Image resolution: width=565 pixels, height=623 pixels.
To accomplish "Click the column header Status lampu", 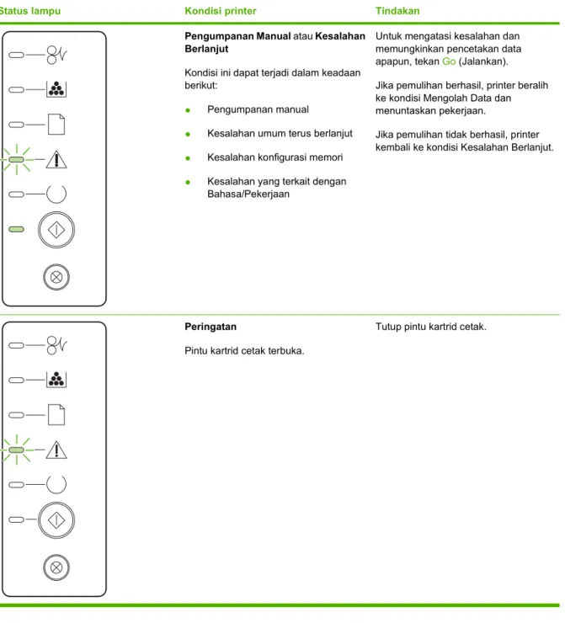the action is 30,11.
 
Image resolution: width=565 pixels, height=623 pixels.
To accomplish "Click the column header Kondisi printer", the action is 221,11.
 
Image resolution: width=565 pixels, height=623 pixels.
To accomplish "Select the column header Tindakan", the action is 397,11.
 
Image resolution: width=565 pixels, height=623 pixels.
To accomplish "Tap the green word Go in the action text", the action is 449,61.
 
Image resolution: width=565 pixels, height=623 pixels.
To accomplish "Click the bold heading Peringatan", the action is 211,327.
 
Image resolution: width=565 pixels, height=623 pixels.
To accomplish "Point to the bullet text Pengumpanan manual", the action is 258,109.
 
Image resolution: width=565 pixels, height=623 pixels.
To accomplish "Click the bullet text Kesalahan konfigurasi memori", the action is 275,157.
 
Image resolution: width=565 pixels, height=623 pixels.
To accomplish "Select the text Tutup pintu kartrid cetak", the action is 431,327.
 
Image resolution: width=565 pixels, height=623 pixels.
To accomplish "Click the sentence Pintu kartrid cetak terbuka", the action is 244,351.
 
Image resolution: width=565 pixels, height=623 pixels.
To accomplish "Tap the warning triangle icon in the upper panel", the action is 56,159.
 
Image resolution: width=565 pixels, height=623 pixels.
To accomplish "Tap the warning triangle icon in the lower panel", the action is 56,450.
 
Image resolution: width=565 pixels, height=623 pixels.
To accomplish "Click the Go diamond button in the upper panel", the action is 56,230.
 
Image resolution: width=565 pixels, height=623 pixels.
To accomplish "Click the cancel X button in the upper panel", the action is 56,277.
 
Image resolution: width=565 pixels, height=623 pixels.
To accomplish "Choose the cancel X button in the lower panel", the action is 56,567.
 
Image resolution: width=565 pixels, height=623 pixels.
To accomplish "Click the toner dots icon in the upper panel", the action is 56,89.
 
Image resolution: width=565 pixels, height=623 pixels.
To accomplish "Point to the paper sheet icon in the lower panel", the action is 56,415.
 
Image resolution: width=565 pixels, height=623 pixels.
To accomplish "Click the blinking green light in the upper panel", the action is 16,159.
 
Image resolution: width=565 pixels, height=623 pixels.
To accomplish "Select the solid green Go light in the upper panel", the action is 16,229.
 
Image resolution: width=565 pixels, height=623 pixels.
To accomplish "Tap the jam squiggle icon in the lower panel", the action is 56,345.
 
